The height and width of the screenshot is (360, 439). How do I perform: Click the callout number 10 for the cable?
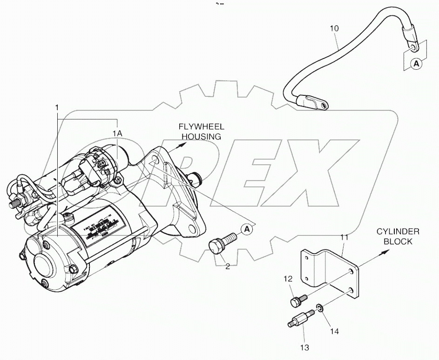pyautogui.click(x=334, y=28)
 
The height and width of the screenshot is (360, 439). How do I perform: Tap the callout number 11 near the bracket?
pyautogui.click(x=344, y=238)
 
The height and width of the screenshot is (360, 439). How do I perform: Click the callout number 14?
pyautogui.click(x=334, y=331)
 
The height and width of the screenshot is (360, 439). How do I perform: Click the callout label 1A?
pyautogui.click(x=117, y=133)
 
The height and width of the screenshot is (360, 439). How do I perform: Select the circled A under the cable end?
pyautogui.click(x=417, y=64)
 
